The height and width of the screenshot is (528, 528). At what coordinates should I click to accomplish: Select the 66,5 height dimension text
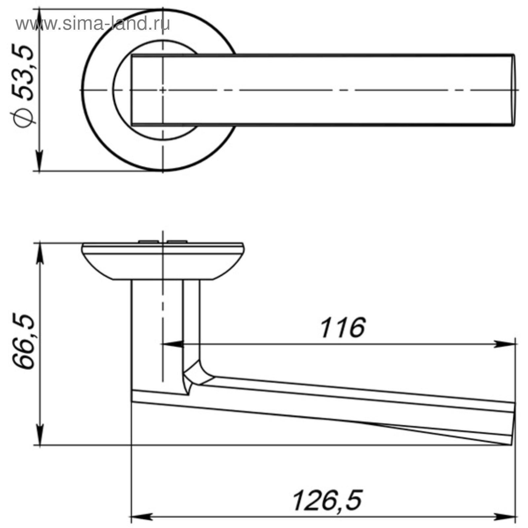coord(24,342)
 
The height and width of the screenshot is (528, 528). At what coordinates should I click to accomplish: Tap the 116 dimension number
coord(343,328)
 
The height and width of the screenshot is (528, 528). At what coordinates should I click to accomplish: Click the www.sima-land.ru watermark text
coord(93,24)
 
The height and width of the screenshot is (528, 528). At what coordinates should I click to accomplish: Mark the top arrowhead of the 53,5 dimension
coord(40,19)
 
